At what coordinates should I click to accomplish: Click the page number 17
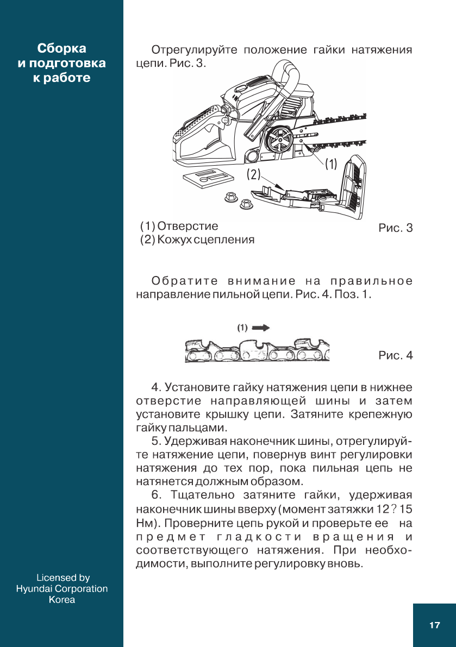coord(434,625)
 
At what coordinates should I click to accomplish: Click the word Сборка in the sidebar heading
coord(61,48)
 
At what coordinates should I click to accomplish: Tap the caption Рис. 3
coord(395,228)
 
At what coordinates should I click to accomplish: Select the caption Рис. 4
coord(395,356)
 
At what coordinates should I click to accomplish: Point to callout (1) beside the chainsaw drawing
coord(331,164)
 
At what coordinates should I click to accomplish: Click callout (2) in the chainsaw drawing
coord(254,174)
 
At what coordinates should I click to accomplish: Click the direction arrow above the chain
coord(261,328)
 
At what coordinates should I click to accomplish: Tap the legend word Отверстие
coord(188,226)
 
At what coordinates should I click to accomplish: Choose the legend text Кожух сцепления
coord(206,240)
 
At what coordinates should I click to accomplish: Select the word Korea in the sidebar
coord(62,600)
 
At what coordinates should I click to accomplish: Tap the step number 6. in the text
coord(157,495)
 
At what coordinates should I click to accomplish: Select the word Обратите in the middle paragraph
coord(185,281)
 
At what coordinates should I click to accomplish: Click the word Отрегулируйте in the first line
coord(194,51)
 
